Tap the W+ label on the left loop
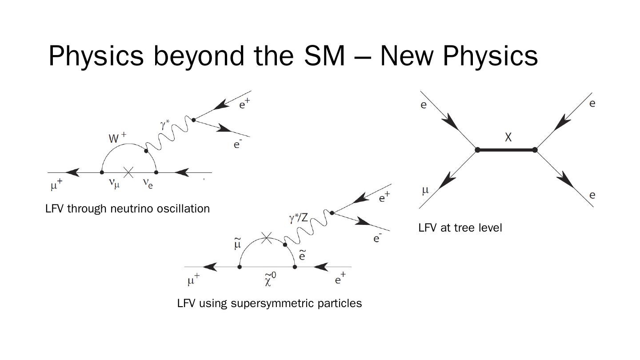[x=117, y=138]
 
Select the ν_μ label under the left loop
[x=114, y=183]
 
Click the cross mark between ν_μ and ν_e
[x=128, y=172]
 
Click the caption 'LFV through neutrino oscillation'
[x=128, y=208]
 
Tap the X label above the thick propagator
[x=508, y=137]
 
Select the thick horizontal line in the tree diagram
[x=506, y=150]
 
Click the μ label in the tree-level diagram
[x=425, y=190]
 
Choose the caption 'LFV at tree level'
[x=460, y=228]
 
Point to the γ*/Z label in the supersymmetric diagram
[x=298, y=218]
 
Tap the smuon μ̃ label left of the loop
[x=237, y=244]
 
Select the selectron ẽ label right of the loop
[x=302, y=255]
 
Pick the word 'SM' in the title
[x=324, y=56]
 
